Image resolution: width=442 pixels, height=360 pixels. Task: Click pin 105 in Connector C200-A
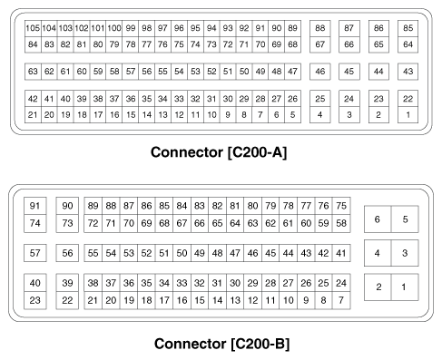(33, 30)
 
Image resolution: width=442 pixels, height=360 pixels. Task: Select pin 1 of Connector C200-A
(408, 114)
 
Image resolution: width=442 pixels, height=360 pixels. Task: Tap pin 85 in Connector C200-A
(408, 30)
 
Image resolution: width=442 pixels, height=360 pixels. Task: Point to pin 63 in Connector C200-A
(33, 71)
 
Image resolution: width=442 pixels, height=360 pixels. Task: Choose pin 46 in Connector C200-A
(319, 71)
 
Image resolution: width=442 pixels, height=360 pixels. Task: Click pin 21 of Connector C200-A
(33, 114)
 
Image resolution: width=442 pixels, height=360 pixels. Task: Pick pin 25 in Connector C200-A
(319, 98)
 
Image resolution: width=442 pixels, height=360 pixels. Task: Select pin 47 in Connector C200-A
(292, 71)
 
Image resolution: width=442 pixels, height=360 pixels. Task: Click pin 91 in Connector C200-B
(36, 206)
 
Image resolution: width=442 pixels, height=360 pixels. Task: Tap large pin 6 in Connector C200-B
(378, 219)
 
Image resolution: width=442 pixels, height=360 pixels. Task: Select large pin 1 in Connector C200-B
(405, 287)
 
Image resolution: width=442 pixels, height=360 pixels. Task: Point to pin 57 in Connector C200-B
(36, 253)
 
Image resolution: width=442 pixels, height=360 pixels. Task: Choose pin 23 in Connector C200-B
(36, 299)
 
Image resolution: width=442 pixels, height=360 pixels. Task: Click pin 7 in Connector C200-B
(340, 299)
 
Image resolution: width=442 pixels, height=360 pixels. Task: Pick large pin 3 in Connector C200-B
(405, 253)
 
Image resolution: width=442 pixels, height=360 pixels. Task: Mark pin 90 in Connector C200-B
(67, 206)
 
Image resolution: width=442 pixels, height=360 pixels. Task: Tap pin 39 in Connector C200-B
(67, 283)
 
